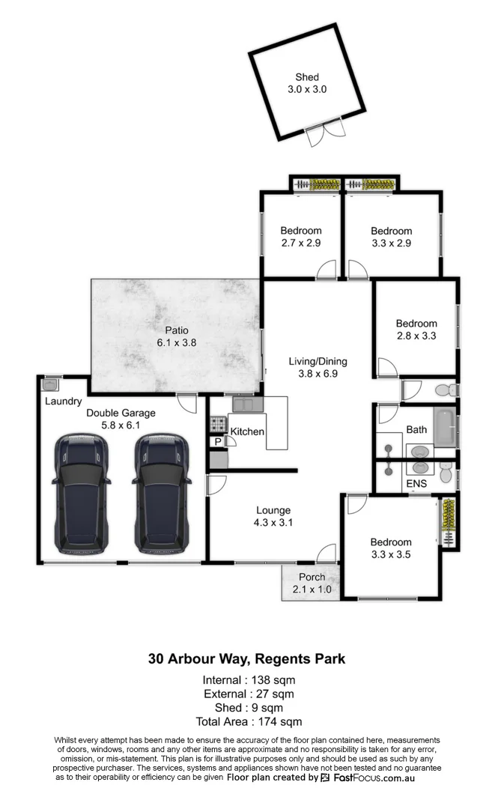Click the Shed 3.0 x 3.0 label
pyautogui.click(x=307, y=83)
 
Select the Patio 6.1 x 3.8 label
pyautogui.click(x=177, y=336)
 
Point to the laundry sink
pyautogui.click(x=51, y=384)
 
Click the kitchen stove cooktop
pyautogui.click(x=217, y=425)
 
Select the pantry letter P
pyautogui.click(x=218, y=442)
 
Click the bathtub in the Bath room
pyautogui.click(x=445, y=429)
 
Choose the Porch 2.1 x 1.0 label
pyautogui.click(x=312, y=582)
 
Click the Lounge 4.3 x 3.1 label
pyautogui.click(x=273, y=516)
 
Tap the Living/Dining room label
pyautogui.click(x=318, y=367)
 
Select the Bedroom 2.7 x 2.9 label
pyautogui.click(x=300, y=237)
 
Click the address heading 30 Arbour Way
pyautogui.click(x=247, y=659)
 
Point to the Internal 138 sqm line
pyautogui.click(x=248, y=680)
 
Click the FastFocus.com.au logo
pyautogui.click(x=367, y=778)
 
